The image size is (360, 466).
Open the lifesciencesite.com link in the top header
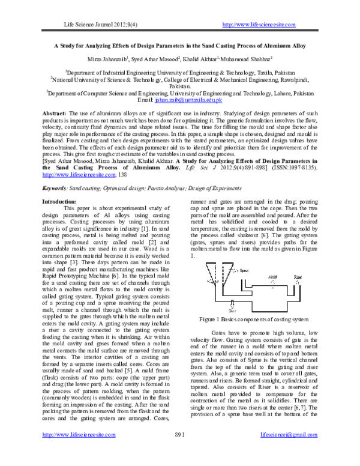coord(259,24)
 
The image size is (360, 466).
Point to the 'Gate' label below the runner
coord(232,310)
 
